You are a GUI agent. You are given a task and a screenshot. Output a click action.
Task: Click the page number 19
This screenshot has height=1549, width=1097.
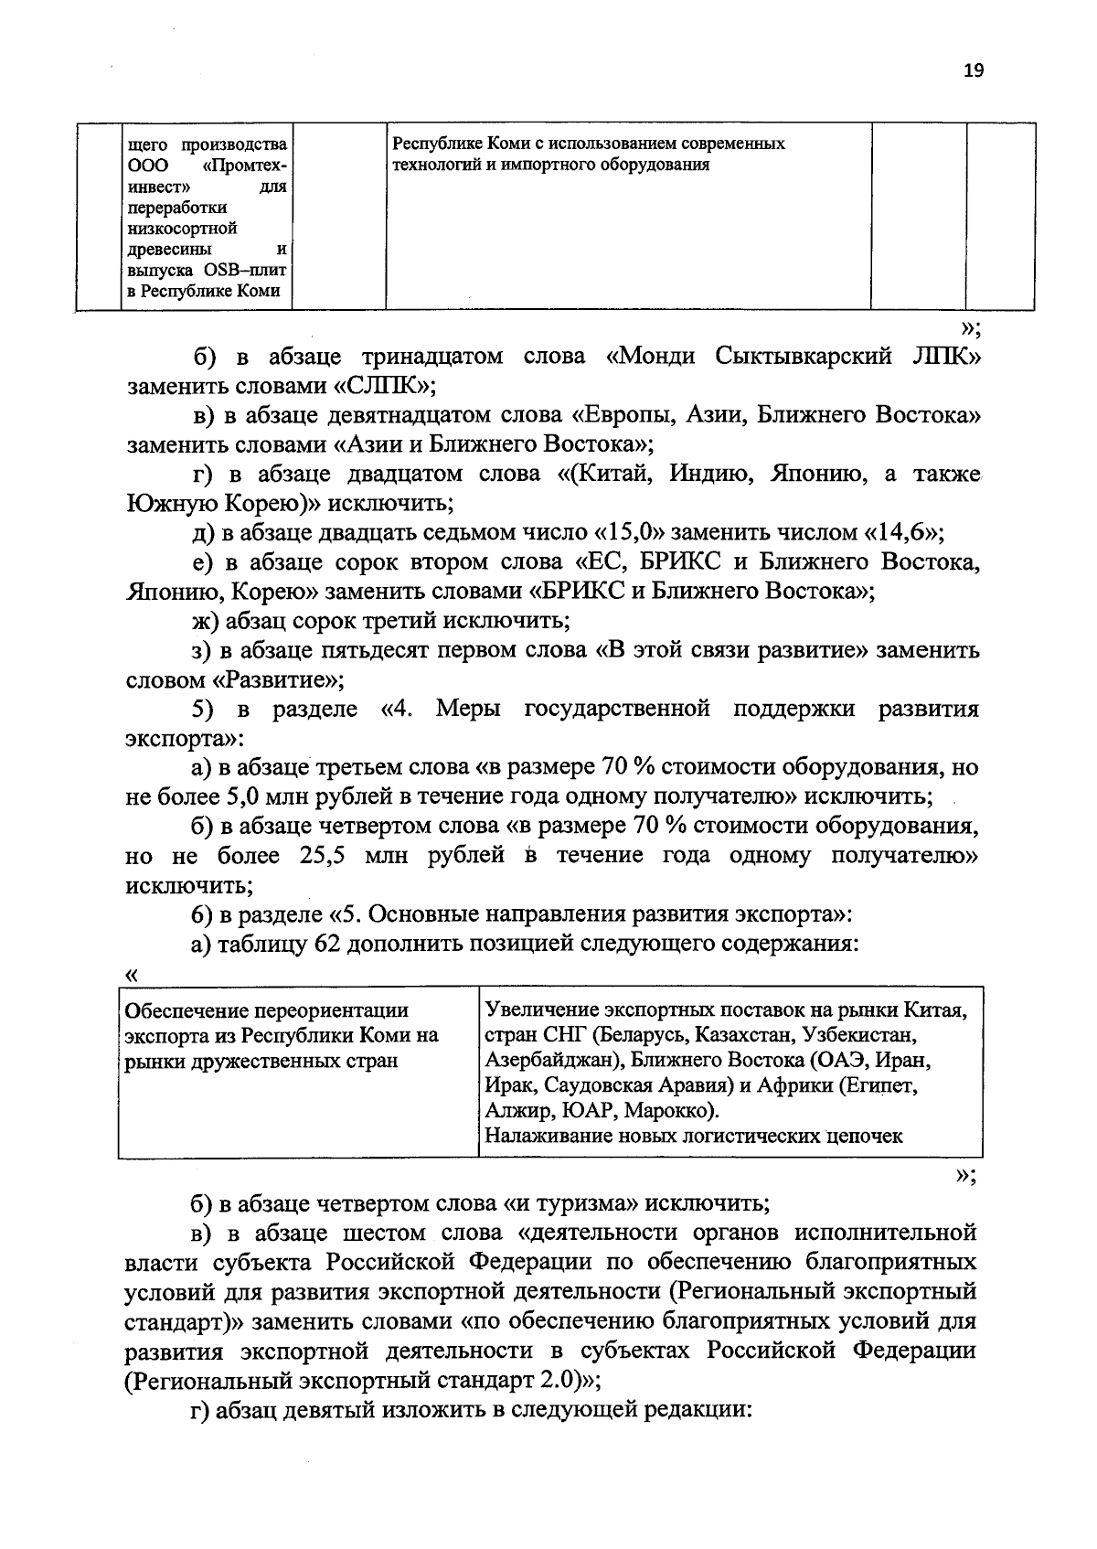coord(973,71)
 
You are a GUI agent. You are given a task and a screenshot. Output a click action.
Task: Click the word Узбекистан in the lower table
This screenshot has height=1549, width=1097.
coord(860,1036)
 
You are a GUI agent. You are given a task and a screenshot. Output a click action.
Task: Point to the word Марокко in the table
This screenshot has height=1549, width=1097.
coord(672,1111)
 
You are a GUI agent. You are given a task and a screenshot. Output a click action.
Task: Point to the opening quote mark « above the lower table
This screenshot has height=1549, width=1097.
coord(131,976)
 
